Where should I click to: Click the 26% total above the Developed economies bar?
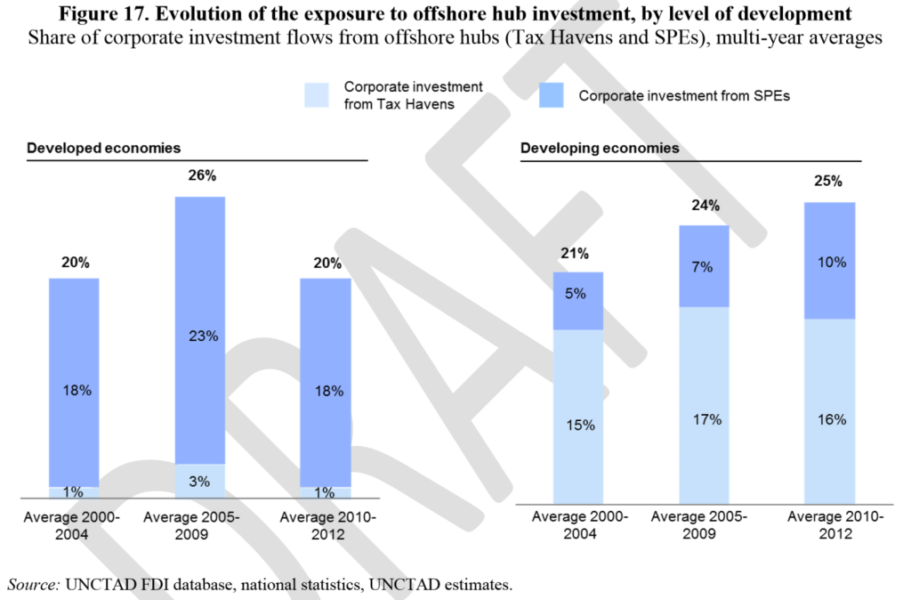[x=202, y=175]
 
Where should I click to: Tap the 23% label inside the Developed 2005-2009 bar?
[x=200, y=336]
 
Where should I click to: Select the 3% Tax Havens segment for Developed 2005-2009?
[x=200, y=482]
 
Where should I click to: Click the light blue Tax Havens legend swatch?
[x=317, y=94]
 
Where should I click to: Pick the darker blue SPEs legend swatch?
[x=552, y=94]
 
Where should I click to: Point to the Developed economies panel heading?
[x=104, y=148]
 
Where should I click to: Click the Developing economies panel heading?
[x=600, y=148]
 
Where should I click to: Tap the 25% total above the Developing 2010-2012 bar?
[x=828, y=182]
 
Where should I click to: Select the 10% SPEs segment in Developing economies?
[x=829, y=262]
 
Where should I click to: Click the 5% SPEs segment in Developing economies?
[x=578, y=294]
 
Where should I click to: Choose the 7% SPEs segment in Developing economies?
[x=704, y=267]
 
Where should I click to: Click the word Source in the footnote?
[x=34, y=585]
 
